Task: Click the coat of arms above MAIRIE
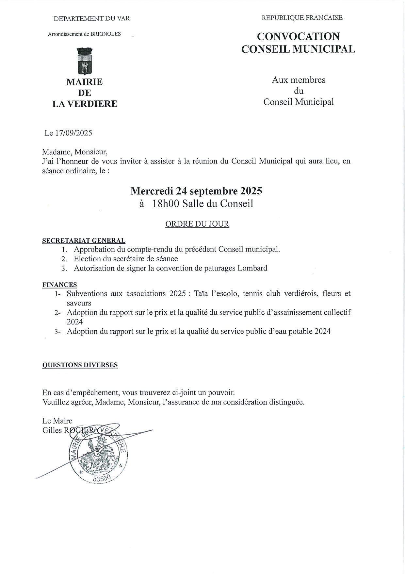coord(85,61)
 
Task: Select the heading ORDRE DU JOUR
coord(197,224)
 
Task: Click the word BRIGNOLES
coord(105,34)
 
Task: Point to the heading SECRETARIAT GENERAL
coord(84,241)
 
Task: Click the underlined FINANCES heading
coord(59,285)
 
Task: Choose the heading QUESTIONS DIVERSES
coord(80,365)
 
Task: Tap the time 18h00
coord(166,204)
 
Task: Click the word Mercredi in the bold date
coord(152,191)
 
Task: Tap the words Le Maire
coord(57,421)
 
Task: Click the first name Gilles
coord(52,430)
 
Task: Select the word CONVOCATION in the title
coord(298,36)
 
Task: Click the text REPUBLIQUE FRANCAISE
coord(302,18)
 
